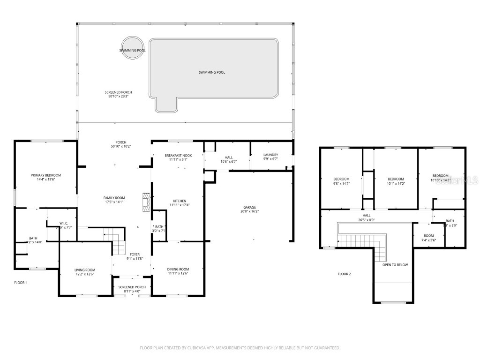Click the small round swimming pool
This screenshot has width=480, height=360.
coord(132,48)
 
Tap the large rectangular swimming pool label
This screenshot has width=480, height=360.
coord(212,72)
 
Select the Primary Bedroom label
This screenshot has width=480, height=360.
coord(46,175)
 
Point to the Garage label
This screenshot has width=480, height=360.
coord(249,207)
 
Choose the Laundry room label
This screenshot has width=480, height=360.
coord(270,155)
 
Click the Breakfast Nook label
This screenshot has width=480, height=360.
coord(178,155)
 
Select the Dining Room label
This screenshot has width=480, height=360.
coord(178,269)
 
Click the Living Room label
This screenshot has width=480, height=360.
coord(85,270)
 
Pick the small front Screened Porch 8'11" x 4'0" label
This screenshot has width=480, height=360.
coord(132,287)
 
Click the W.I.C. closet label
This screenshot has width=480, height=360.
coord(64,223)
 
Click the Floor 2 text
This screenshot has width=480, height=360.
coord(344,274)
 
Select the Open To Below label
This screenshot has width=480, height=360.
coord(395,265)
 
